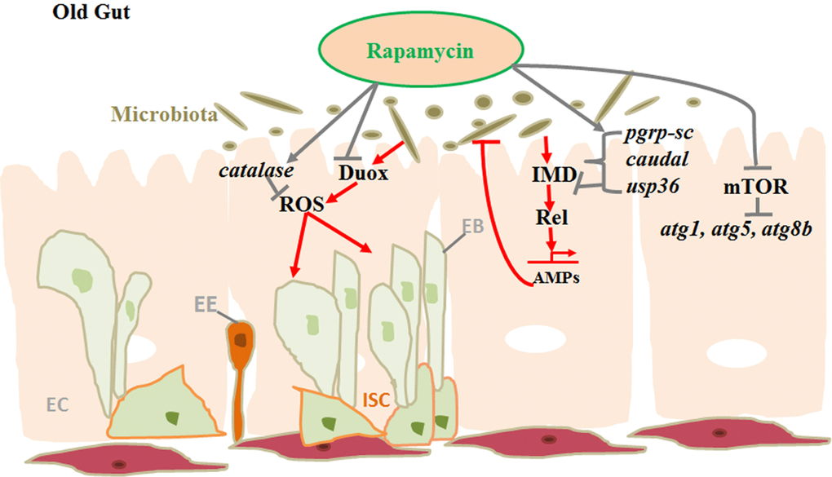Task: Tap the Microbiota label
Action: (164, 116)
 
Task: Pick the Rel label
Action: (551, 219)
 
